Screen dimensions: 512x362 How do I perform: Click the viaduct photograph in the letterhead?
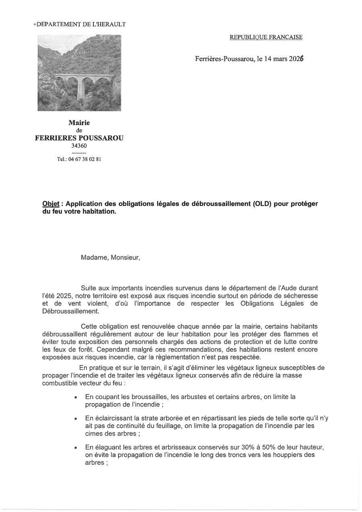[x=79, y=72]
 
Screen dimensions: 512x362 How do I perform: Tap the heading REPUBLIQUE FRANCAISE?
[x=266, y=37]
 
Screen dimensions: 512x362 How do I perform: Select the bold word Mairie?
[x=79, y=122]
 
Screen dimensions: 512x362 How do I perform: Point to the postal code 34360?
[x=79, y=146]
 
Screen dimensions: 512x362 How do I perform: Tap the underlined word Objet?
[x=51, y=204]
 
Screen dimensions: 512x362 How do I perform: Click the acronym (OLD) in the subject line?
[x=263, y=204]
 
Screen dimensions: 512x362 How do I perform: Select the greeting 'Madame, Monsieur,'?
[x=110, y=258]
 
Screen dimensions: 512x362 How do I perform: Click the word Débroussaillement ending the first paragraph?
[x=70, y=311]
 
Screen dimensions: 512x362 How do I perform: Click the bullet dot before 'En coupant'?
[x=76, y=397]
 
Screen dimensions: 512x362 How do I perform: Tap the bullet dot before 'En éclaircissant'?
[x=76, y=419]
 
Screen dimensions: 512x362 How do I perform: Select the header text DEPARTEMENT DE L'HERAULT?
[x=80, y=24]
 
